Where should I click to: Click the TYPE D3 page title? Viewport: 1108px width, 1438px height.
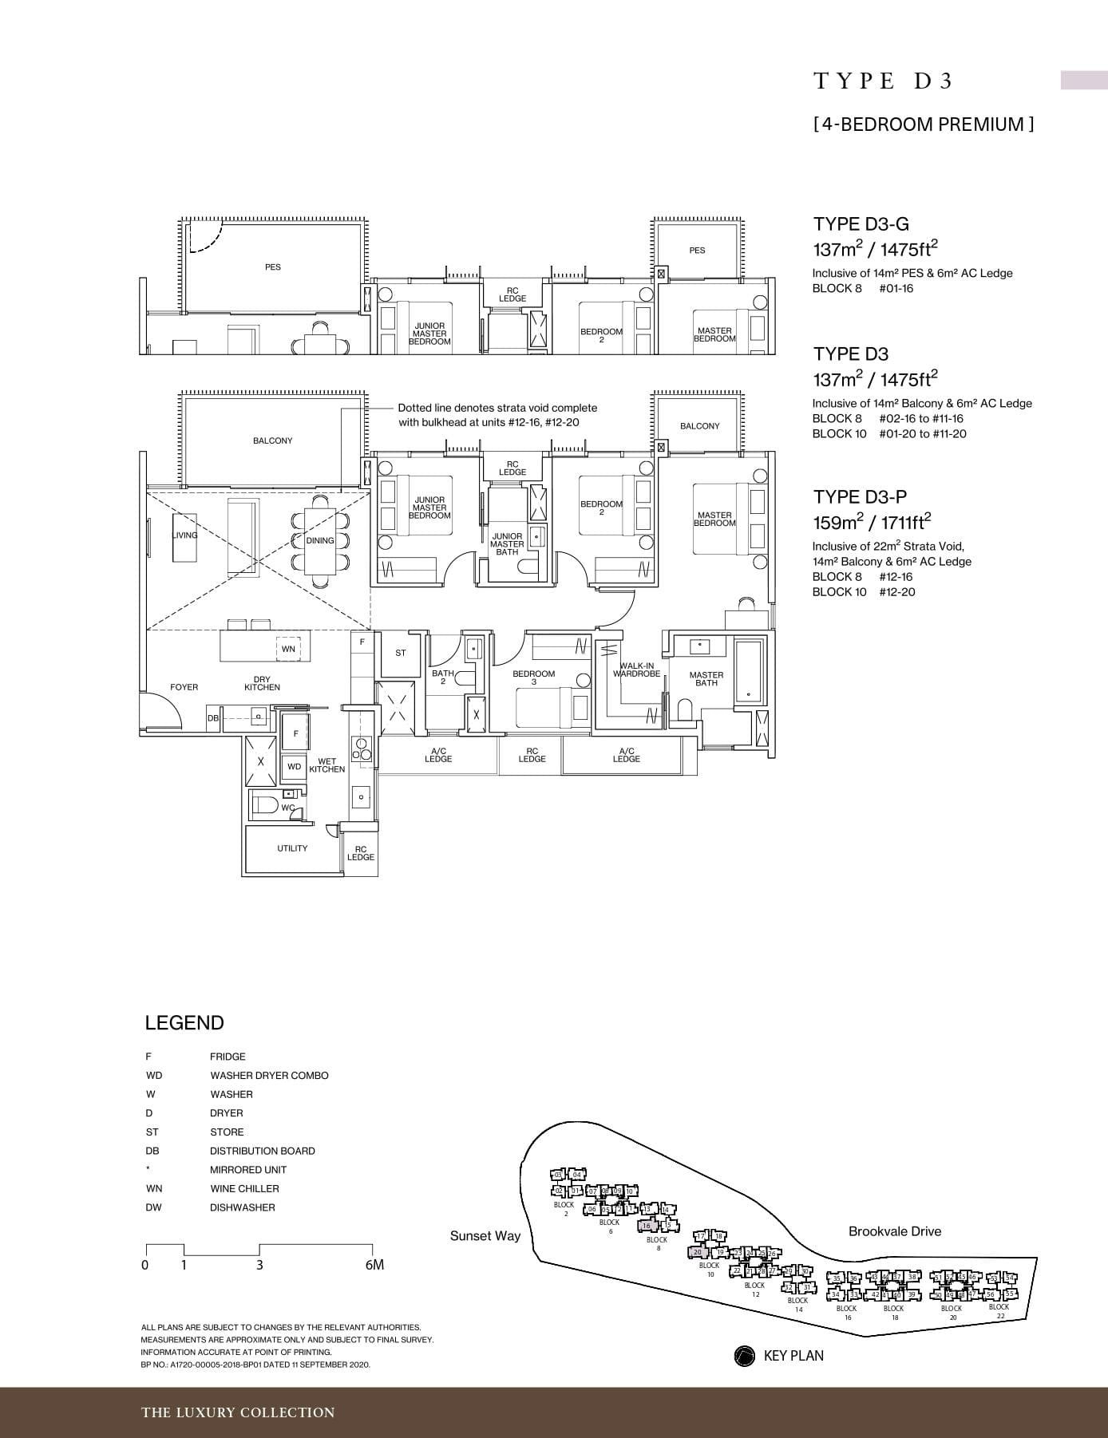pos(884,81)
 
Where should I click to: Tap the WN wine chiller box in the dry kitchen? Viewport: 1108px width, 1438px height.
pos(288,649)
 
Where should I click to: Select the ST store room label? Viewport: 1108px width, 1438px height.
pos(401,653)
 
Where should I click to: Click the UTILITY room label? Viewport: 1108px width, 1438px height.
pos(292,848)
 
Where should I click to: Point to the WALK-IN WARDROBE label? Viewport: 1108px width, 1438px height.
pos(636,670)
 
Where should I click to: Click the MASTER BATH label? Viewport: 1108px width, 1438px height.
pos(706,679)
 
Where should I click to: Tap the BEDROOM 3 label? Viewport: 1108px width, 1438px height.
pos(533,678)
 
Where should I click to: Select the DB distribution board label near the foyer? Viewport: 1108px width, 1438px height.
pos(213,718)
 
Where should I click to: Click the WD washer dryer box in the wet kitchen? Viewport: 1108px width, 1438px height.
pos(294,766)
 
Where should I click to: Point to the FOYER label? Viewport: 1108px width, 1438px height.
pos(184,687)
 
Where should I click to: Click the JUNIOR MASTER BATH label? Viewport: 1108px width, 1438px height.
pos(507,544)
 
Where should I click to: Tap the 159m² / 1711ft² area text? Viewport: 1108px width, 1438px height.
pos(872,522)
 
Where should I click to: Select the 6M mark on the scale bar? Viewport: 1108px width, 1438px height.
pos(374,1265)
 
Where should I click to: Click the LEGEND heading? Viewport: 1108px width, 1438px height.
pos(184,1023)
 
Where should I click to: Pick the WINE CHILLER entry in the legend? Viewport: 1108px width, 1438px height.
pos(244,1188)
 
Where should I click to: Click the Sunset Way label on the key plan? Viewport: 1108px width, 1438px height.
pos(485,1236)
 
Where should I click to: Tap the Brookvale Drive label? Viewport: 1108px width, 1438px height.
pos(894,1231)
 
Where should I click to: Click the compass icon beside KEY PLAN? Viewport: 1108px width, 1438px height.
pos(744,1356)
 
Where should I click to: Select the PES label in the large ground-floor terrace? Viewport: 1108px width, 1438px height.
pos(273,267)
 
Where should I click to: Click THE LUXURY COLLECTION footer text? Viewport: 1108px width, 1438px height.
pos(238,1412)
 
